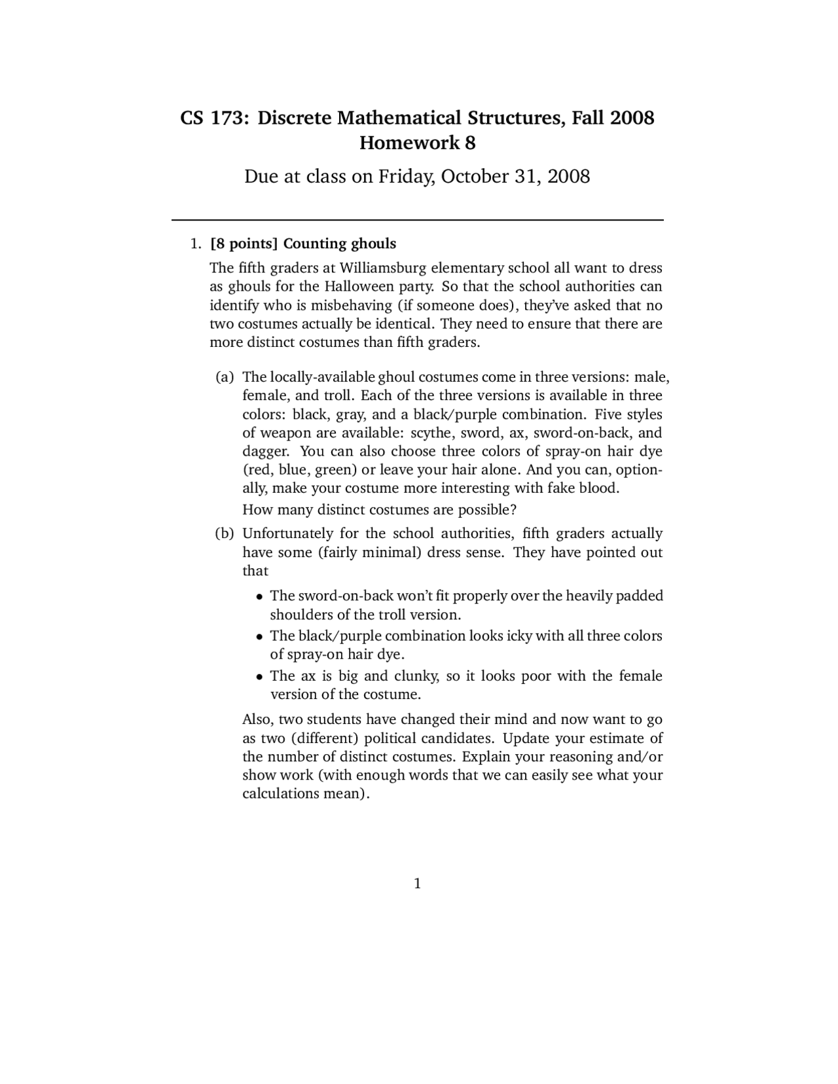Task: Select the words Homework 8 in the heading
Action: pos(418,143)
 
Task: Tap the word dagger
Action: pos(263,452)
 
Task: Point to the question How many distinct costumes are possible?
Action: pos(380,509)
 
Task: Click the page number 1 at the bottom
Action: pos(418,884)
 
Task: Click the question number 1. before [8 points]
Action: pos(194,244)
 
